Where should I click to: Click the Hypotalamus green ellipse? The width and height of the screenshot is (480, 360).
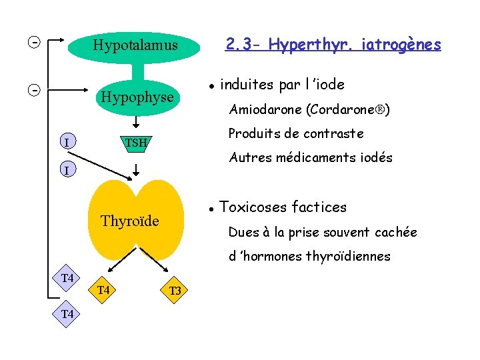tap(136, 46)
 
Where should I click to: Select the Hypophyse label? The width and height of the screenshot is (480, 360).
tap(137, 97)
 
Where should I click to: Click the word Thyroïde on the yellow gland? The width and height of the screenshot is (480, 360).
tap(129, 221)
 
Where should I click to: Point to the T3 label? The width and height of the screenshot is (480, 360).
tap(175, 291)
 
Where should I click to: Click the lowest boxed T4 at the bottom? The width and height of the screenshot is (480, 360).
tap(67, 313)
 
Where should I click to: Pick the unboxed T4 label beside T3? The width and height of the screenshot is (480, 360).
tap(103, 290)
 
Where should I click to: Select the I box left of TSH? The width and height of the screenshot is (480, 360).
tap(66, 142)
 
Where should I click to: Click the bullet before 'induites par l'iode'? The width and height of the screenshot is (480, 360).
tap(210, 86)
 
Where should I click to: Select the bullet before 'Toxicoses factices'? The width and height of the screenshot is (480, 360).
tap(210, 208)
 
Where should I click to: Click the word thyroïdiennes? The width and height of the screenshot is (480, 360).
tap(348, 257)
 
